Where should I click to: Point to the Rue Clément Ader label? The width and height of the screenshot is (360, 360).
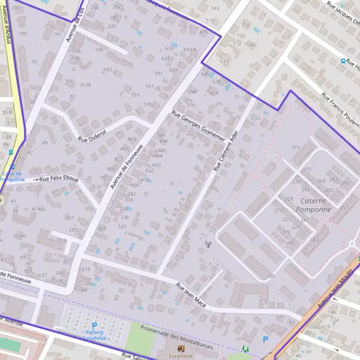226,151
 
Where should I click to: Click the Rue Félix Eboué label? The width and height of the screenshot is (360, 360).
59,179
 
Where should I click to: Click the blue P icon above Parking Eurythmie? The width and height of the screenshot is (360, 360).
94,326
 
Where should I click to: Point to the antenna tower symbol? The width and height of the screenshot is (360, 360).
208,244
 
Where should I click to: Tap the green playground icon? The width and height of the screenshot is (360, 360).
245,349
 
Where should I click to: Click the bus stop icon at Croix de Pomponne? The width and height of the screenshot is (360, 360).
11,169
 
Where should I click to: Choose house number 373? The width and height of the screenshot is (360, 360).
295,148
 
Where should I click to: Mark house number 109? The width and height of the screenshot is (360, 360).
270,277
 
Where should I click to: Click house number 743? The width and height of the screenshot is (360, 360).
215,8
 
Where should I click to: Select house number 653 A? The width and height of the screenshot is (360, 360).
190,50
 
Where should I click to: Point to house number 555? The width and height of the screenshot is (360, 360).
135,95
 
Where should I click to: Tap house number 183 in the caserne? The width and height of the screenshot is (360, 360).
314,240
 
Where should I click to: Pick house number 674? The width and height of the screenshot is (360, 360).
224,61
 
